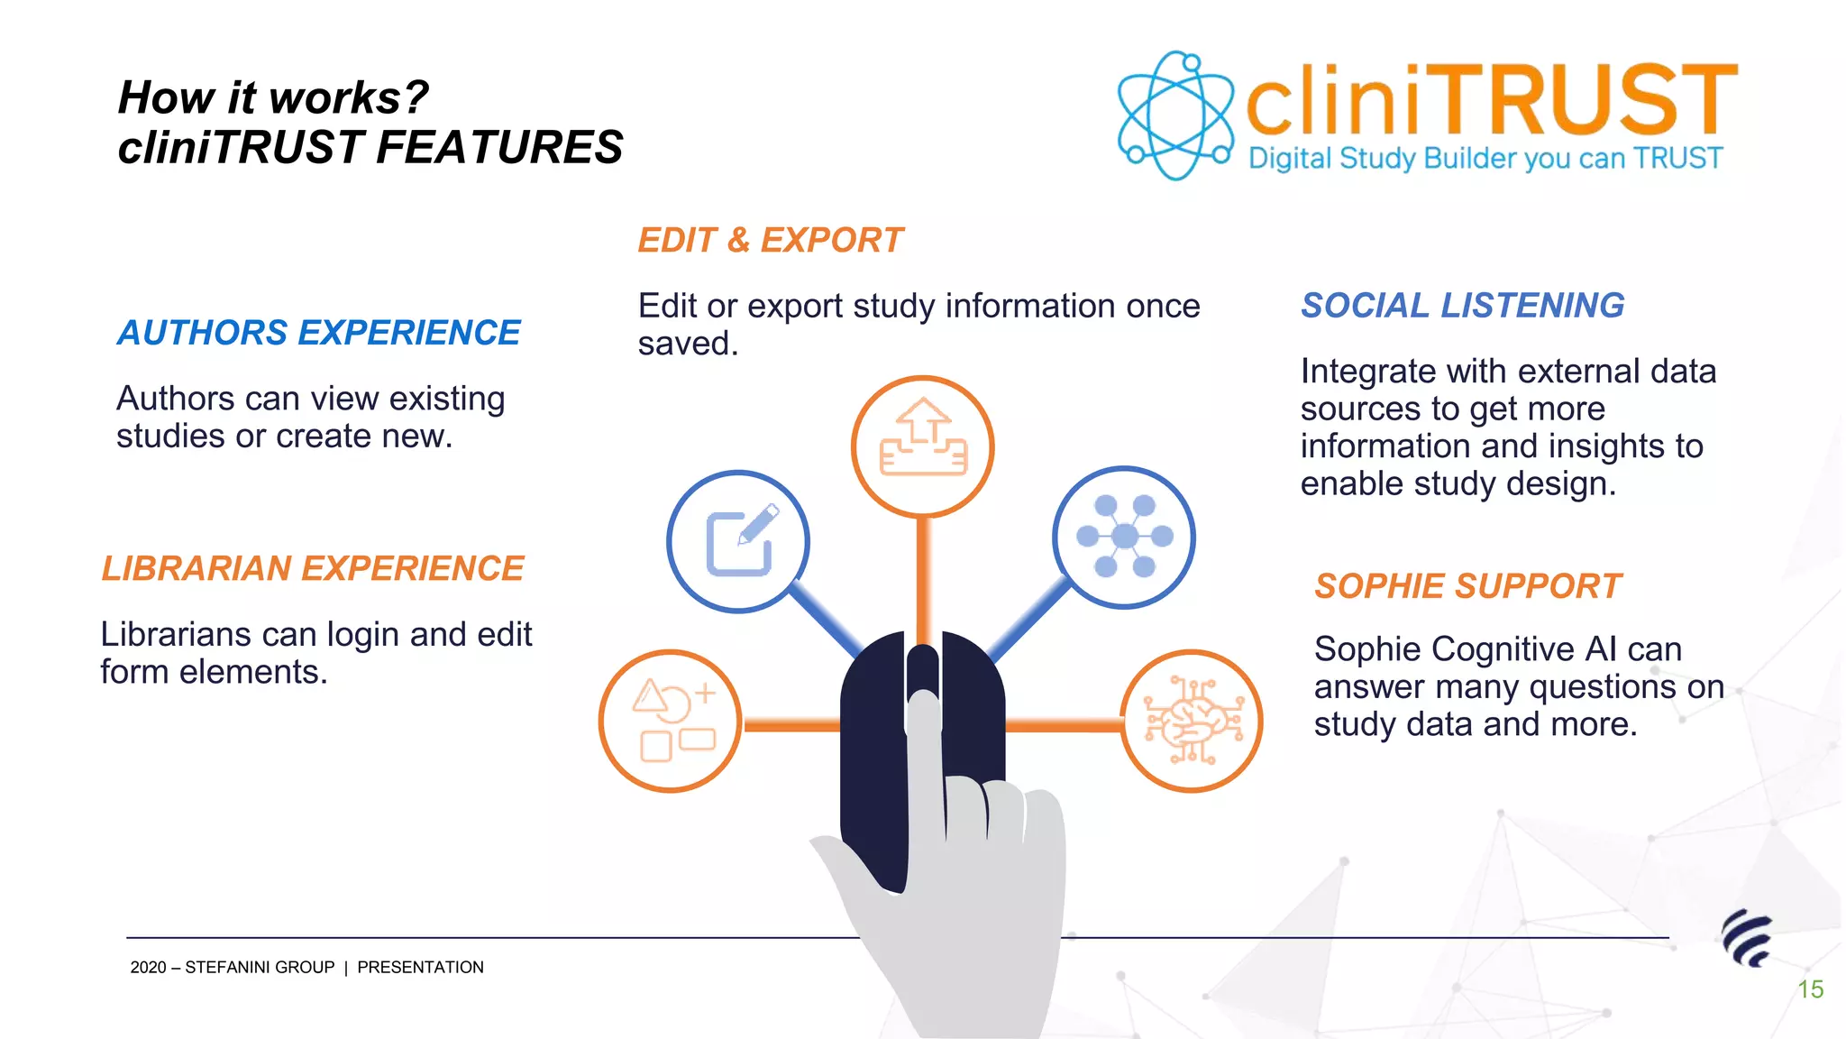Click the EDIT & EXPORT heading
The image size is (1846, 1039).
point(770,240)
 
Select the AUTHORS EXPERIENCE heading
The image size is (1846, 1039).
point(319,333)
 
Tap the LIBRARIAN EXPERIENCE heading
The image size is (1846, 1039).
point(313,568)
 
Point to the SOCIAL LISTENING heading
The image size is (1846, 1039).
point(1462,306)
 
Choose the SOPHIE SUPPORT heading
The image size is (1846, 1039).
point(1467,586)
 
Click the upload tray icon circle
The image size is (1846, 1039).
point(922,446)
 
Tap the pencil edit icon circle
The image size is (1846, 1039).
point(738,541)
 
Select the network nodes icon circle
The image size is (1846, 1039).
point(1124,538)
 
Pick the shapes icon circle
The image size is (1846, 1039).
point(671,721)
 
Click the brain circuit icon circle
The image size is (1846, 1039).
point(1192,721)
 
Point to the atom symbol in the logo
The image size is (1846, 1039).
point(1174,115)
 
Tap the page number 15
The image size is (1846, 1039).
point(1810,989)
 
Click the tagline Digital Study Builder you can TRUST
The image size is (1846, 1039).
point(1485,159)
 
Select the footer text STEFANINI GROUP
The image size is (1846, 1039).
point(260,968)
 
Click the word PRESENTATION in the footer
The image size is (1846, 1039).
point(420,968)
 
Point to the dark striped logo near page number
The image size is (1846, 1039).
point(1747,938)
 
